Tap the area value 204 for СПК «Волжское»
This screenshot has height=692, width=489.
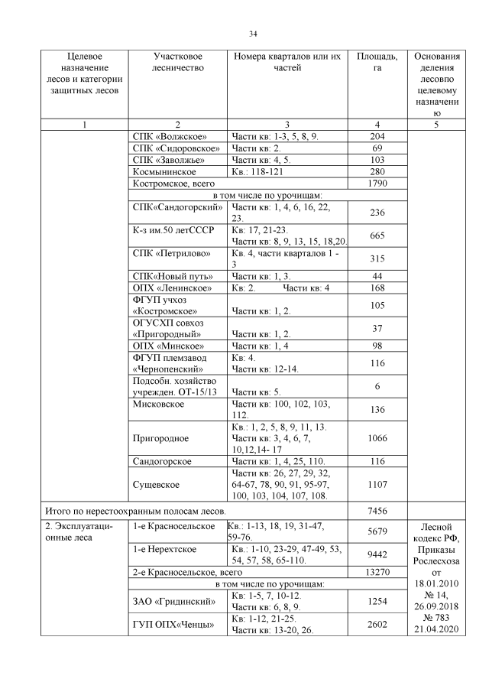(x=377, y=136)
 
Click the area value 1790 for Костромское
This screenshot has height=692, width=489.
(x=377, y=184)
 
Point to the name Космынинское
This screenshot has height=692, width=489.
(x=164, y=172)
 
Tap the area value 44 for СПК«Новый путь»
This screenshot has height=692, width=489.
(x=377, y=275)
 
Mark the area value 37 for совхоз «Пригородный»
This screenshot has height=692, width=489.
(x=377, y=328)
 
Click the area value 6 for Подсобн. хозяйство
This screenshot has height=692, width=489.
(x=377, y=387)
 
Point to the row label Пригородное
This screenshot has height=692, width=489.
(x=160, y=438)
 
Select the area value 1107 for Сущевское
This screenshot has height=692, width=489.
(x=377, y=484)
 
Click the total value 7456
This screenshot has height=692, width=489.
(x=377, y=508)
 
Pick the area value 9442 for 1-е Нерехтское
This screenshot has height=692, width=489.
(x=377, y=556)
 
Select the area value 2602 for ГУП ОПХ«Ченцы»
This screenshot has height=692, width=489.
(x=377, y=625)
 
